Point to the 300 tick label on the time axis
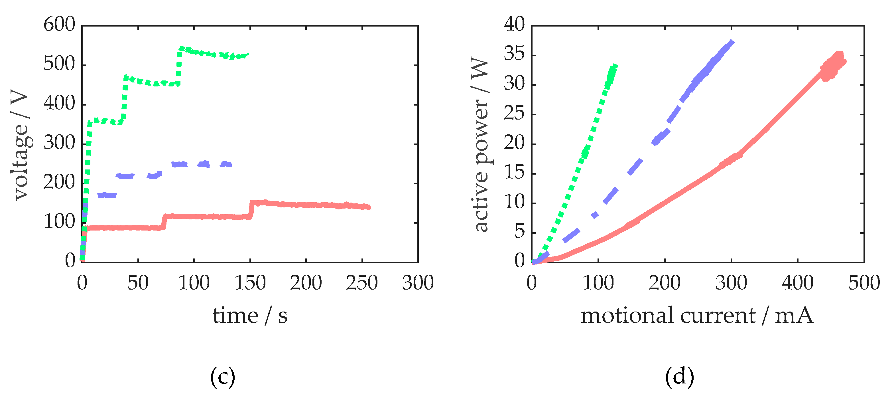[x=418, y=282]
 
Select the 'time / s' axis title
[x=250, y=316]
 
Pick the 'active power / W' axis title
[x=481, y=144]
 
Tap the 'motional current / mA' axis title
[x=697, y=316]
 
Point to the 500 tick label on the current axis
[x=864, y=282]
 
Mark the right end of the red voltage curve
[x=369, y=207]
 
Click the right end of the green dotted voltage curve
[x=248, y=54]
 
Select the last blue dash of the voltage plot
[x=226, y=164]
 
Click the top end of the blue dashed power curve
[x=732, y=42]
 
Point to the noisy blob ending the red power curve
[x=833, y=66]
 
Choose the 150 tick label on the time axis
[x=250, y=282]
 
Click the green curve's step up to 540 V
[x=179, y=66]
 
